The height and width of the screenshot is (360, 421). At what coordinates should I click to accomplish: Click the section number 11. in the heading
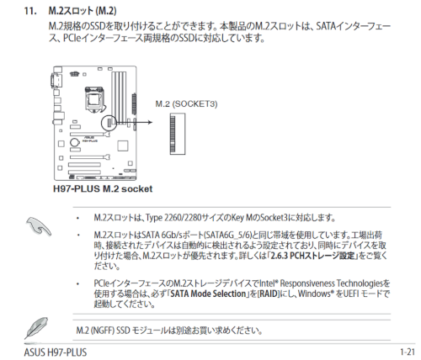tap(30, 11)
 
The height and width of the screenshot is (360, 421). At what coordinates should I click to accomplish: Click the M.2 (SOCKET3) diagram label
tap(186, 104)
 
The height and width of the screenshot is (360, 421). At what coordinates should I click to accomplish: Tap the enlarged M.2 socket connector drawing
tap(178, 134)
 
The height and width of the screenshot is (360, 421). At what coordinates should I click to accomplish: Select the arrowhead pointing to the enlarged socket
tap(150, 122)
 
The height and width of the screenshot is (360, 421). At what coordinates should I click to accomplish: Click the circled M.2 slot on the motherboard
tap(109, 123)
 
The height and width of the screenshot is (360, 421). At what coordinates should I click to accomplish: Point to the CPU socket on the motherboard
tap(94, 99)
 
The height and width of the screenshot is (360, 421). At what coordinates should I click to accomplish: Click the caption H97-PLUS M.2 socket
tap(103, 188)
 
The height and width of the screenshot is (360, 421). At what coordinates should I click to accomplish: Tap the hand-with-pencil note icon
tap(39, 226)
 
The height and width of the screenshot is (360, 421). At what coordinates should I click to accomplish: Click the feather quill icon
tap(36, 328)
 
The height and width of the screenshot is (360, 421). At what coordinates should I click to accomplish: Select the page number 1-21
tap(408, 352)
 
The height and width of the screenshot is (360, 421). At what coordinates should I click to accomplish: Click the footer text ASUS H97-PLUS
tap(56, 352)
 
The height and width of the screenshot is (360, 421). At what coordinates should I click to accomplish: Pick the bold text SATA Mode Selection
tap(208, 294)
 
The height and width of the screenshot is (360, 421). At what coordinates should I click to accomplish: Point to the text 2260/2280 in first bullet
tap(183, 218)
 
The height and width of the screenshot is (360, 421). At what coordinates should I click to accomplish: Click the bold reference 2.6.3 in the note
tap(280, 256)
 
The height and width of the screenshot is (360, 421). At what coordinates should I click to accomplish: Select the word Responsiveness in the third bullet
tap(307, 283)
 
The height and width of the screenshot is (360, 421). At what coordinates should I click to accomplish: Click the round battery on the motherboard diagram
tap(75, 142)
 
